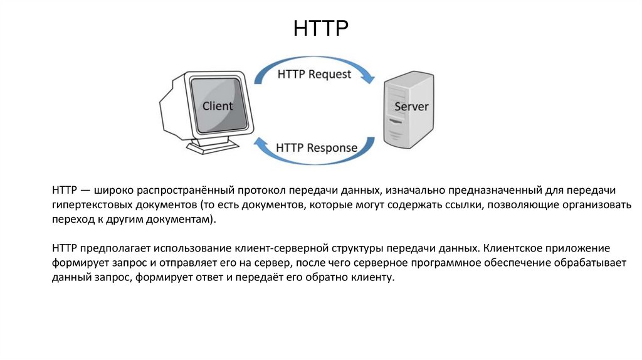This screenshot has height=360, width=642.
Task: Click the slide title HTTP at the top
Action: click(x=320, y=28)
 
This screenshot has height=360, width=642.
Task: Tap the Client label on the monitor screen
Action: click(x=218, y=105)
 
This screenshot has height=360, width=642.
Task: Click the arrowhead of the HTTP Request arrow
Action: click(x=370, y=80)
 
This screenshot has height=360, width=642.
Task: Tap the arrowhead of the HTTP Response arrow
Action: click(x=258, y=144)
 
